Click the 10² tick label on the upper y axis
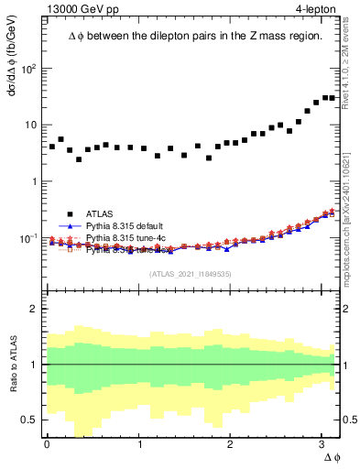click(x=28, y=69)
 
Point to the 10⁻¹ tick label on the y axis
click(x=28, y=238)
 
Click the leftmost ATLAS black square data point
click(x=52, y=147)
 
